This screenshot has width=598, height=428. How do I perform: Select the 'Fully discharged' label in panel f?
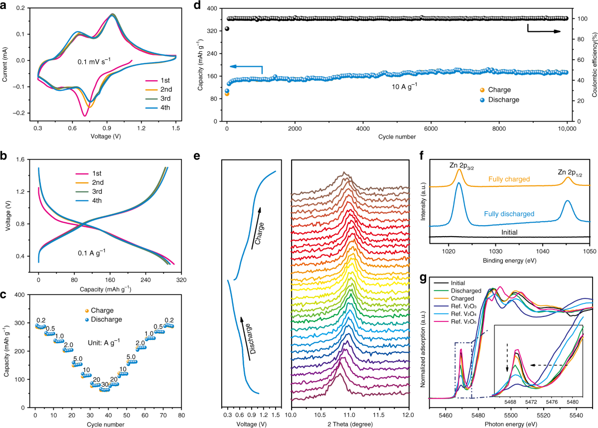click(x=509, y=214)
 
